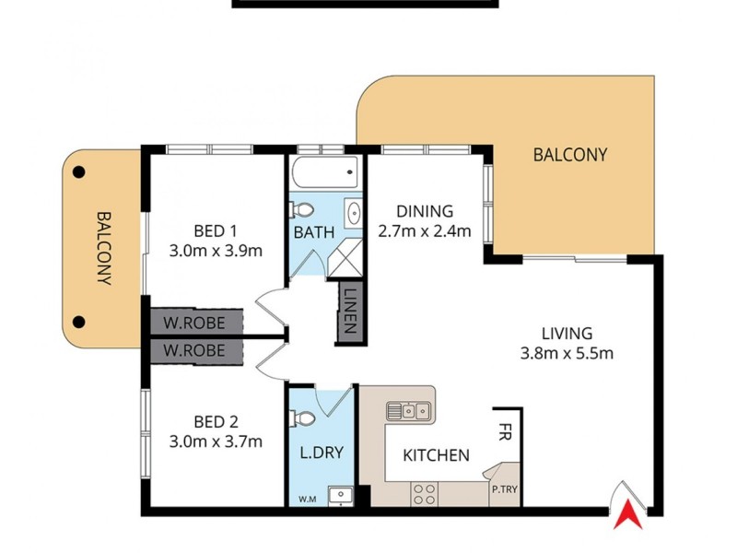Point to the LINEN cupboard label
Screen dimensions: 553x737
point(351,313)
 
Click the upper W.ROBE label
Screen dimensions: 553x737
point(197,323)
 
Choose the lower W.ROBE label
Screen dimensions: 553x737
point(197,351)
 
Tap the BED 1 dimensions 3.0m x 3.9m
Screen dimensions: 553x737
point(216,250)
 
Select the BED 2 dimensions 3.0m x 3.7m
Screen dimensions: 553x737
point(216,441)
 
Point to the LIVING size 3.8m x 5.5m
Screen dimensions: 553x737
point(567,352)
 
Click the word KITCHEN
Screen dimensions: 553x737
point(437,454)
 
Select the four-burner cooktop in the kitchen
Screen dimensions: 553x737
point(426,494)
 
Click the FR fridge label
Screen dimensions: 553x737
point(506,429)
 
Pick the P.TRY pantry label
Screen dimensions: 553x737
point(506,490)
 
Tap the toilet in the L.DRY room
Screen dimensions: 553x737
point(305,418)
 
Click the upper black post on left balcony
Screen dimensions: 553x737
point(79,171)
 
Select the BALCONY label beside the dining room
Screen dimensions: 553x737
point(570,155)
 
